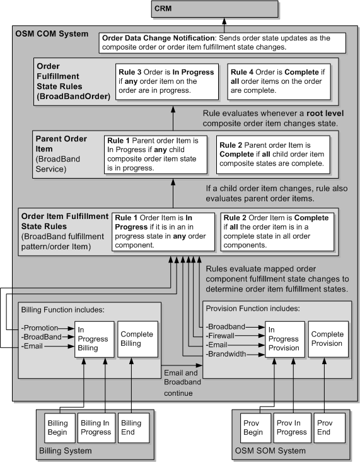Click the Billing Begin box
(x=60, y=427)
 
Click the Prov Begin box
(x=253, y=427)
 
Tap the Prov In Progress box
(x=291, y=427)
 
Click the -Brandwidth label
(x=225, y=354)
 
